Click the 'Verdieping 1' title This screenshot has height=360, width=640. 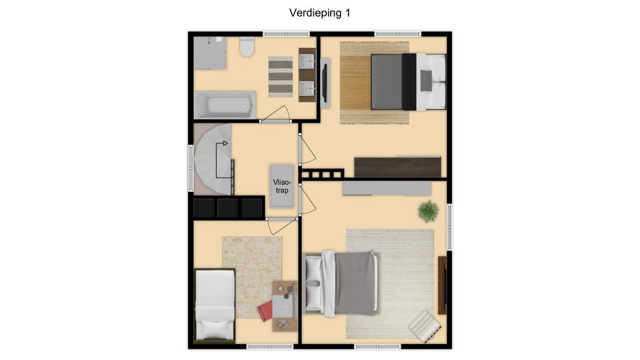[x=319, y=13]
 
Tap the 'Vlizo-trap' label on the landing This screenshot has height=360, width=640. [x=282, y=186]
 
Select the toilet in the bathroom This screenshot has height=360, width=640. [x=247, y=47]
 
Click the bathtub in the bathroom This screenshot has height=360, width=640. [x=225, y=105]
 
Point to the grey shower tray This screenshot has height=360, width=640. [x=210, y=53]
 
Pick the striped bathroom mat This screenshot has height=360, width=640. [x=281, y=77]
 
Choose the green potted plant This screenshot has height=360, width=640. [x=428, y=211]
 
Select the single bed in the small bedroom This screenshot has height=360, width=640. [x=215, y=305]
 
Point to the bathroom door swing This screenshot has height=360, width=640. [x=276, y=114]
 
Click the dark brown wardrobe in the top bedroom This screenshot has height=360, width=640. [x=397, y=167]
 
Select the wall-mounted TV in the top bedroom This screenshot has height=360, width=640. [x=325, y=83]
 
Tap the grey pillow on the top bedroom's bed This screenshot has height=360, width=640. [x=426, y=81]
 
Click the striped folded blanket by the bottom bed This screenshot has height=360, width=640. [x=425, y=326]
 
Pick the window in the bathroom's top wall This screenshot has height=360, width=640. [x=286, y=34]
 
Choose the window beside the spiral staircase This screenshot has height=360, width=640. [x=191, y=168]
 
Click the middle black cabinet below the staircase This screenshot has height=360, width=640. [x=227, y=208]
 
